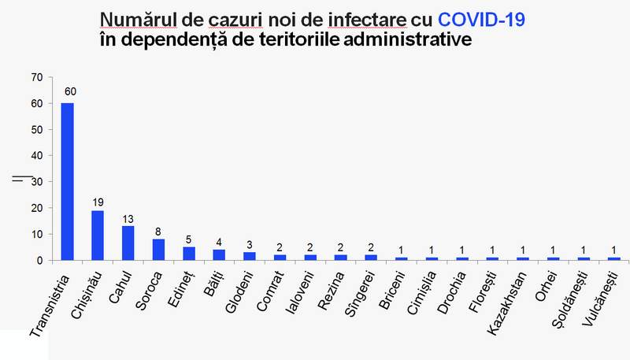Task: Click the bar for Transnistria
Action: [67, 181]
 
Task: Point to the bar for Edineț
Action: [190, 253]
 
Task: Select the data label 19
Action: [98, 202]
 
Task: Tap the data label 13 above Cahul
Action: [128, 217]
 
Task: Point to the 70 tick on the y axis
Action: [35, 77]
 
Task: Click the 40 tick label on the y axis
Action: [35, 155]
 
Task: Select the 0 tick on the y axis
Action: [39, 260]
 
